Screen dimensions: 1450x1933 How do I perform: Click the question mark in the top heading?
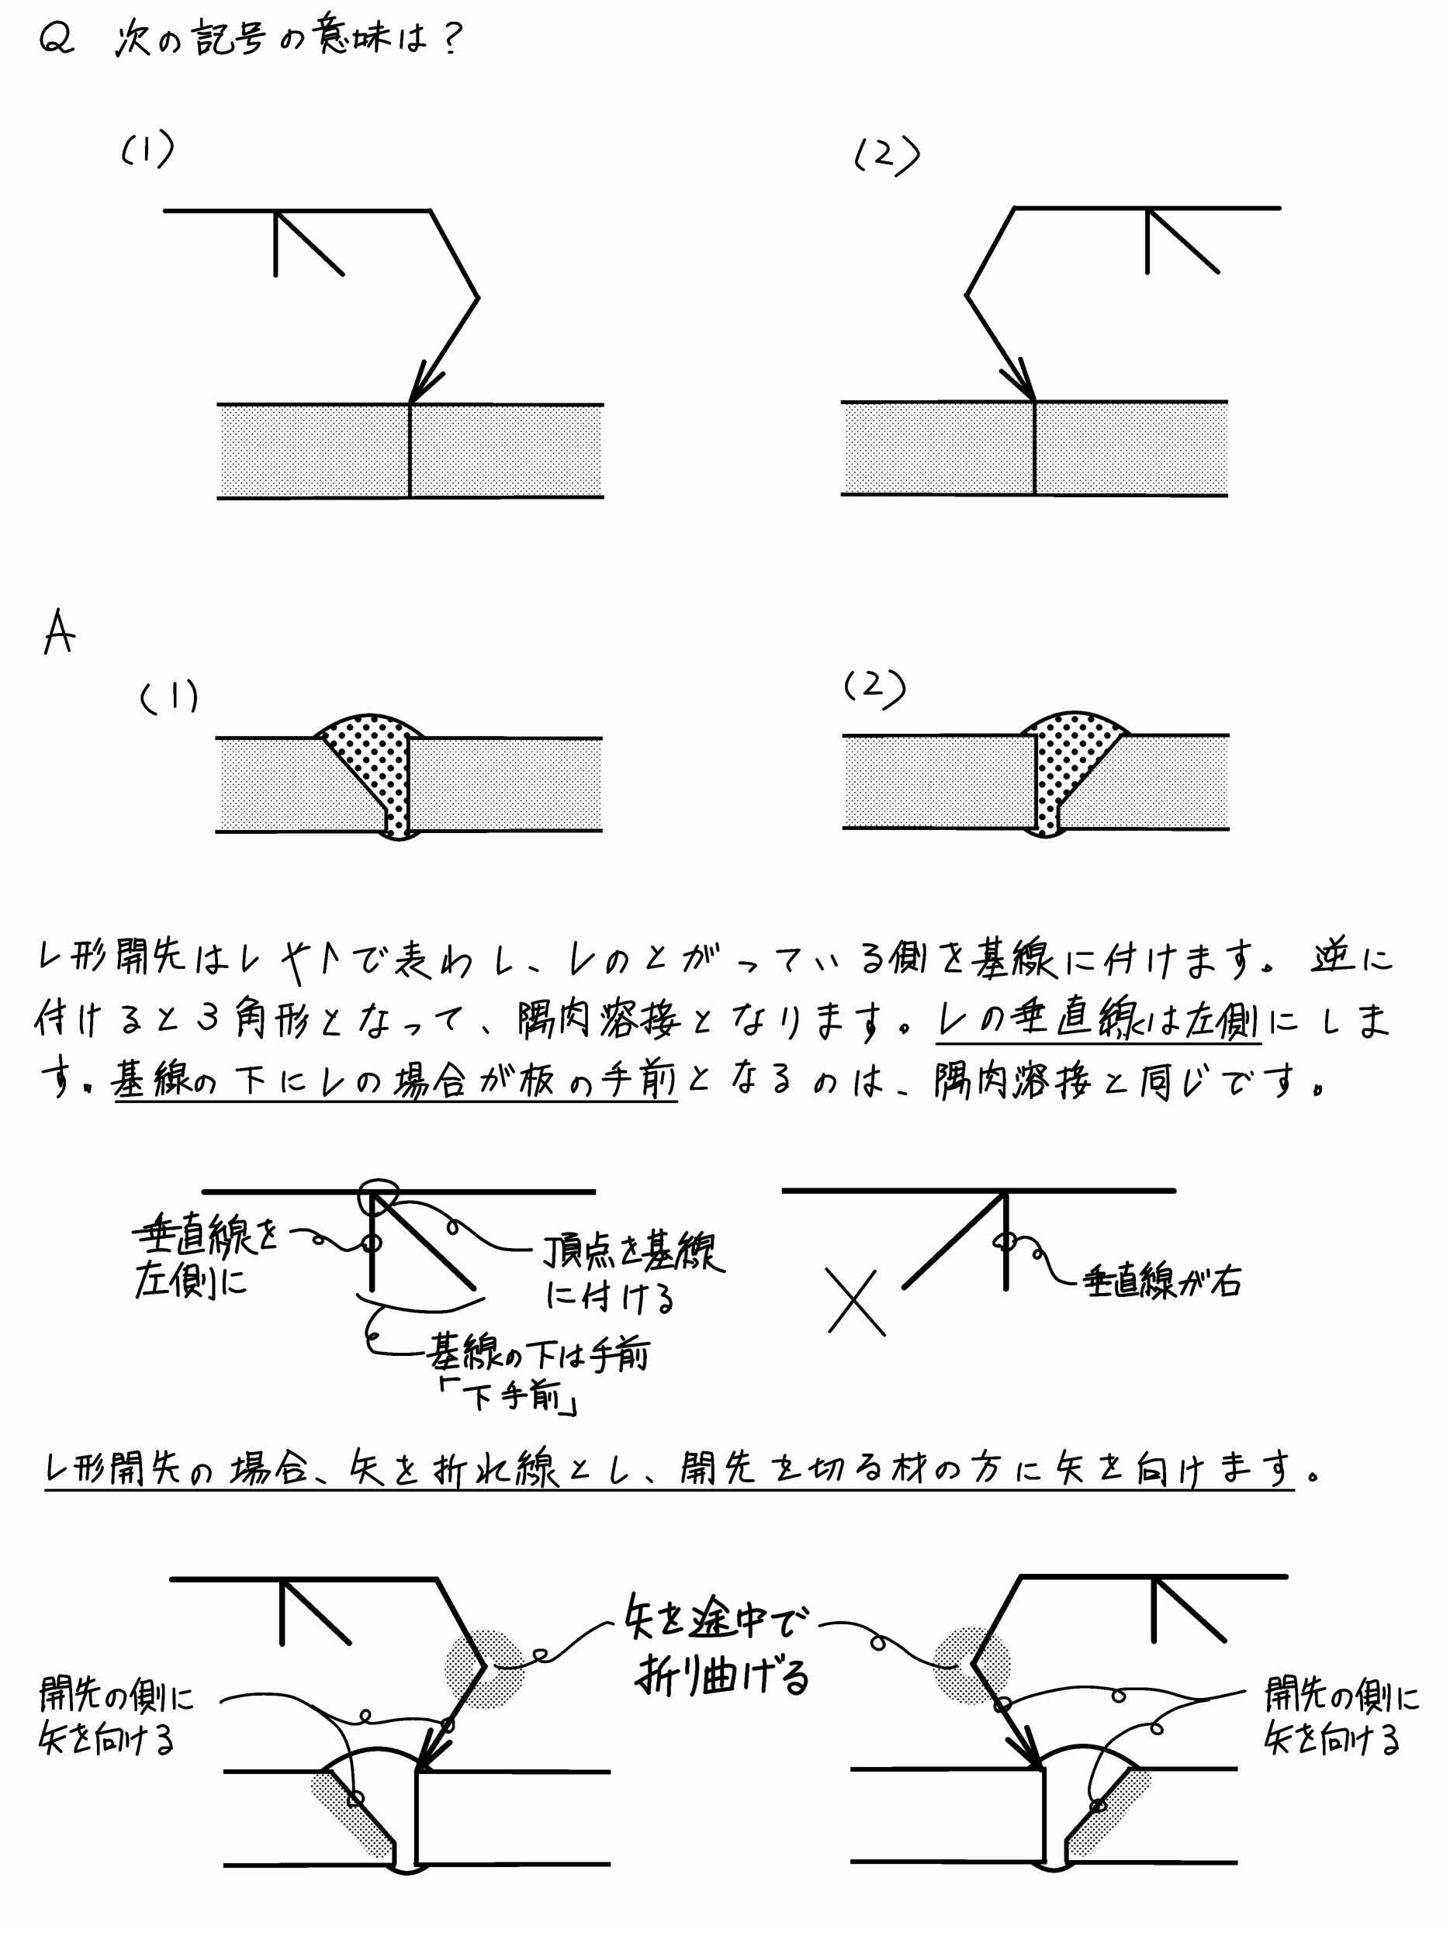[x=452, y=40]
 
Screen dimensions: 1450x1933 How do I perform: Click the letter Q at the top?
[x=56, y=40]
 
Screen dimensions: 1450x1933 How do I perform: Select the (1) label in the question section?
[x=147, y=150]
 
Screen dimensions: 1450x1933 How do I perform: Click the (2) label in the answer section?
[x=874, y=688]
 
